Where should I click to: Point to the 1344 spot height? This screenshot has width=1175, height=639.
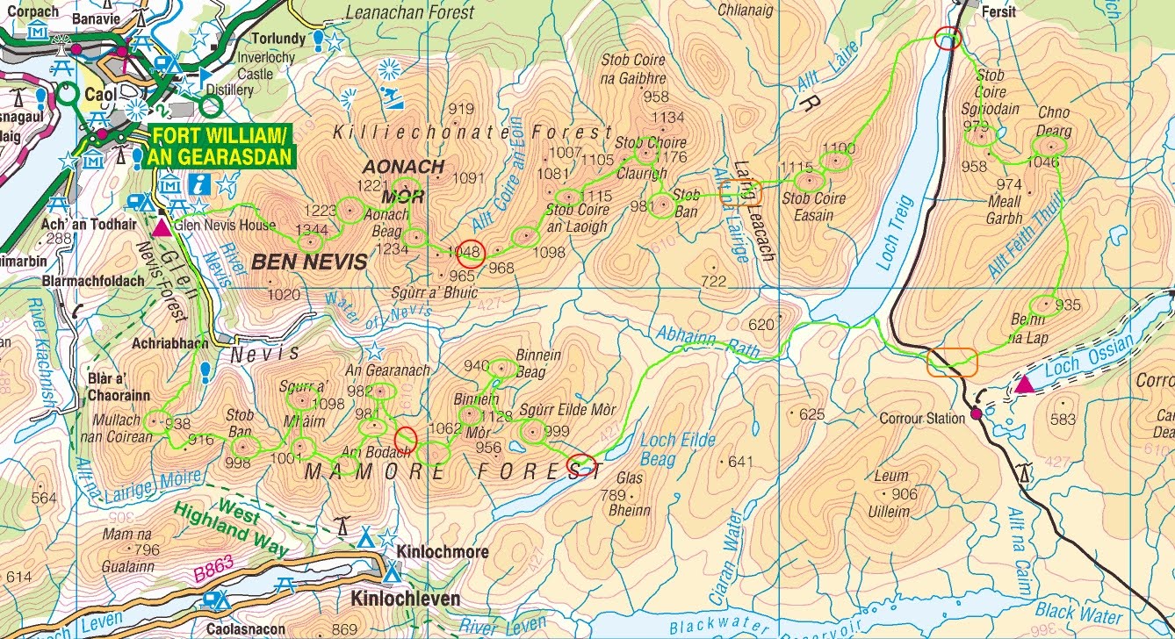[x=311, y=230]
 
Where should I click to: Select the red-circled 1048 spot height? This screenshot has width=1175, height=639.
[x=469, y=252]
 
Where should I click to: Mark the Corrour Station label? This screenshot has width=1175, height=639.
[x=921, y=419]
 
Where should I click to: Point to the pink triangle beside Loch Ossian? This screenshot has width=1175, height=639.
[x=1024, y=384]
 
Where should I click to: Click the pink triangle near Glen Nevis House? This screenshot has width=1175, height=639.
[x=162, y=227]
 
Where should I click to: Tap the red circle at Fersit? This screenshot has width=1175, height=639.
[x=948, y=38]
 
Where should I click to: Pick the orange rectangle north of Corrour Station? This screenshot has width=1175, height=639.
[x=951, y=362]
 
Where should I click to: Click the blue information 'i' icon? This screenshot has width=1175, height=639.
[x=203, y=183]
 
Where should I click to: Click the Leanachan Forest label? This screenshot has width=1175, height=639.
[x=409, y=12]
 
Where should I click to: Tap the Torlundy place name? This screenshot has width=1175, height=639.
[x=278, y=39]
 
